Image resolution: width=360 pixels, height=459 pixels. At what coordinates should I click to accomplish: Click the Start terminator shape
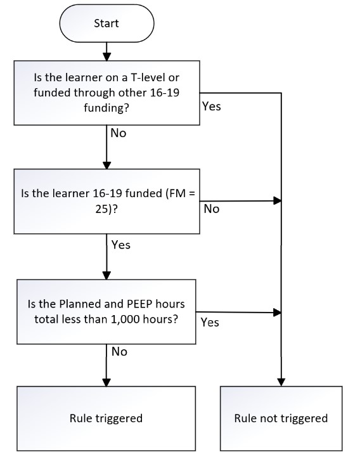coord(106,23)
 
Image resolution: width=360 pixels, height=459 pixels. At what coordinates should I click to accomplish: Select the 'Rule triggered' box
coord(106,418)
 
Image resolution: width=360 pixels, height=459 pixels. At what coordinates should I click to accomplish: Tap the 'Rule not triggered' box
coord(281,418)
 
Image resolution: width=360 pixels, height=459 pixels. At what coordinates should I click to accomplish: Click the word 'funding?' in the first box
coord(106,108)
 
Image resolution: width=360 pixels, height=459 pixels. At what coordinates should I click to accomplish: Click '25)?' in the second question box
coord(106,209)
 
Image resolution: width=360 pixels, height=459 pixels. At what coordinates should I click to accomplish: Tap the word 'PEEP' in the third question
coord(139,304)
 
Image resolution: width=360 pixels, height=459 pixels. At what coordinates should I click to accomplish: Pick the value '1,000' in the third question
coord(125,319)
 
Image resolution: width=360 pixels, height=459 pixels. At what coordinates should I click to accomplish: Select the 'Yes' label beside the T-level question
coord(211,107)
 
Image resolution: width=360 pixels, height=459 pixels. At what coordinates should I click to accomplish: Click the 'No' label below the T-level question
coord(119,133)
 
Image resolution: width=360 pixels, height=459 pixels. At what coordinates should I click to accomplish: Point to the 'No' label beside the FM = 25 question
coord(211,209)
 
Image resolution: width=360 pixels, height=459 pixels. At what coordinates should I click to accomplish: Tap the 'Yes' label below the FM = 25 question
coord(120,245)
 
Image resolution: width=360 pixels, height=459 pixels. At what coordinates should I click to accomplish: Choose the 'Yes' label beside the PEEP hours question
coord(210,322)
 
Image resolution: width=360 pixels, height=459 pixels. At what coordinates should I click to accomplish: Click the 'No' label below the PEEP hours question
coord(119,352)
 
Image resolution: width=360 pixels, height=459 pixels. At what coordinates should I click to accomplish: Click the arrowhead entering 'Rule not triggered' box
coord(281,382)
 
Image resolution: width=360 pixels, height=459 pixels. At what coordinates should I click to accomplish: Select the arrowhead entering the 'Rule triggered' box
coord(106,382)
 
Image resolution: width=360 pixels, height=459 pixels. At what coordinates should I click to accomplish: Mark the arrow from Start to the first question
coord(107,51)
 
